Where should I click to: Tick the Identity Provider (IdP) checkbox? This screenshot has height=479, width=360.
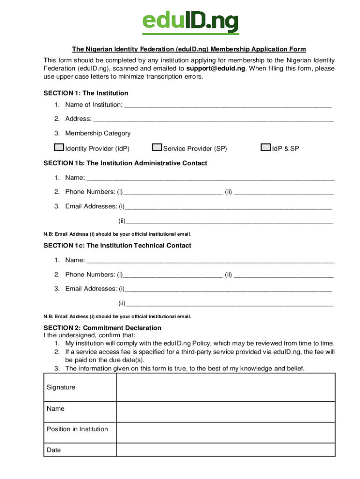59,148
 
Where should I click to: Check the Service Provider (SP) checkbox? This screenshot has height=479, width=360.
157,148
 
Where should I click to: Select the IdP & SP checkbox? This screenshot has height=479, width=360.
266,148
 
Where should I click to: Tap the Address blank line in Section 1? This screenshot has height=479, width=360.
213,120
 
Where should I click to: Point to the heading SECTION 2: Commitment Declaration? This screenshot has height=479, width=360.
102,328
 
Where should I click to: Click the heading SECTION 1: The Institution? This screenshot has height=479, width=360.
86,93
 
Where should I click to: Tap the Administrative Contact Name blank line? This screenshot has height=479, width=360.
211,179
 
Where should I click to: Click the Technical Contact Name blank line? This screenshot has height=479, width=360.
211,261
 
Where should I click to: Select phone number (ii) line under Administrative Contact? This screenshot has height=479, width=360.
284,193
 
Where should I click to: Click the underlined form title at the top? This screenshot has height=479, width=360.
189,49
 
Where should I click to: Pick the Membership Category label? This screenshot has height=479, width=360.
98,133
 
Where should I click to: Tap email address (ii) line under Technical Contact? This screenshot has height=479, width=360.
229,305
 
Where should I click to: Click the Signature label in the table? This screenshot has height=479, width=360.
61,387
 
